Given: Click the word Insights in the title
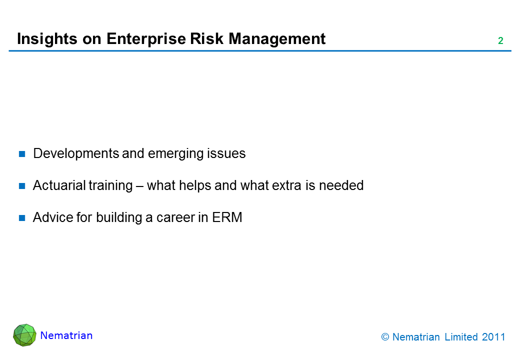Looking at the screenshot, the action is tap(47, 39).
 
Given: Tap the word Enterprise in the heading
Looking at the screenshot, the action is tap(146, 39).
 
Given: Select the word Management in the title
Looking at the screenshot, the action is tap(277, 39).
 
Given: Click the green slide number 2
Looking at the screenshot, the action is tap(500, 41).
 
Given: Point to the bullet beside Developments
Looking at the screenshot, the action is tap(22, 154).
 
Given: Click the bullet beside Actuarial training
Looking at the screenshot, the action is tap(22, 186).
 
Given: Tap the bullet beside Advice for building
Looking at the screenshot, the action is tap(22, 218).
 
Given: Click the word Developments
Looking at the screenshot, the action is tap(76, 154).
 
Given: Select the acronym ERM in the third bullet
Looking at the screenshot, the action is tap(227, 217).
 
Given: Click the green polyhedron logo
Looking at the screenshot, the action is tap(24, 335).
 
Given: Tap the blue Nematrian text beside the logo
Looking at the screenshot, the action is tap(66, 335).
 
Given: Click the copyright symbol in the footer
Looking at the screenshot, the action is tap(385, 337).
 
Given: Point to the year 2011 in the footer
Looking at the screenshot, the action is tap(493, 337).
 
